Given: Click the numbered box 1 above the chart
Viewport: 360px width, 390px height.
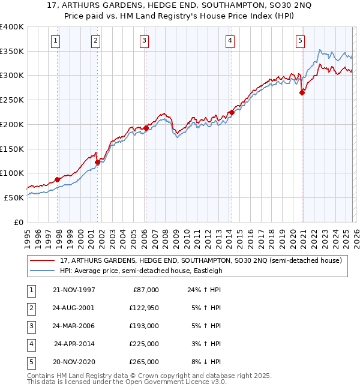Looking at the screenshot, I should (x=55, y=41).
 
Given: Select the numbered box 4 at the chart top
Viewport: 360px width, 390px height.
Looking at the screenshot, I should (x=230, y=41).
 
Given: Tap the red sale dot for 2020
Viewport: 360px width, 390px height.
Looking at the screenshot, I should (x=302, y=92).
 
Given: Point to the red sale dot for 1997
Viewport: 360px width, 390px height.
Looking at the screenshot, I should (x=58, y=179).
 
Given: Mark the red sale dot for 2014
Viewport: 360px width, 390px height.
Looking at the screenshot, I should (x=232, y=112).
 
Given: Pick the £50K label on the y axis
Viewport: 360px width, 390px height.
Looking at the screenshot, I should (x=14, y=197).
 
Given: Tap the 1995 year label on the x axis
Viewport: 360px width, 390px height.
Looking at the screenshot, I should (x=28, y=236).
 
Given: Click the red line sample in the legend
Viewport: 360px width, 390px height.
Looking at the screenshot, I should (x=42, y=260).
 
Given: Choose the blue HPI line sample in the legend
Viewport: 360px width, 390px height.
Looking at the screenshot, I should (x=42, y=271).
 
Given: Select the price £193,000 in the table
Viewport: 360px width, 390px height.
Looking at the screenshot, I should (x=145, y=326).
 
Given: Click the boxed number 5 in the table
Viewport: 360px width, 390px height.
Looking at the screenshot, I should (x=29, y=362).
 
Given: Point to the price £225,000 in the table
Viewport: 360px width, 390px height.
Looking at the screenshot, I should (x=145, y=344).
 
